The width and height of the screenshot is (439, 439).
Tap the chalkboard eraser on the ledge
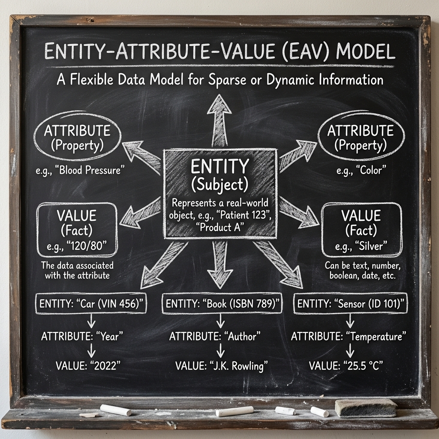click(366, 408)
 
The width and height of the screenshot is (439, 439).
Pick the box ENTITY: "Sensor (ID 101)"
click(350, 304)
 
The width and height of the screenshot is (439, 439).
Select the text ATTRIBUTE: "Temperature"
click(349, 337)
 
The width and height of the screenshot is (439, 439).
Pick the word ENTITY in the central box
click(219, 166)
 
